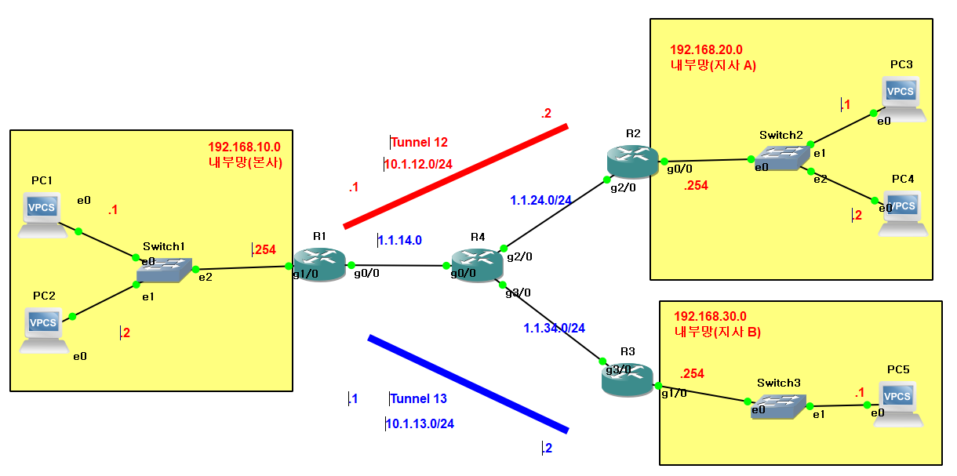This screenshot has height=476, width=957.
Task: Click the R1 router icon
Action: (319, 263)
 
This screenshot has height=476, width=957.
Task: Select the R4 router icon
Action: (477, 264)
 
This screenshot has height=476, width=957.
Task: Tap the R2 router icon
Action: (632, 160)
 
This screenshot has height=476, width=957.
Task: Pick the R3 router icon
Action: (627, 379)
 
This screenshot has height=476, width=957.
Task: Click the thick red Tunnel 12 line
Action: (455, 175)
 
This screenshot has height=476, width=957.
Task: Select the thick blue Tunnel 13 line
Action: (468, 384)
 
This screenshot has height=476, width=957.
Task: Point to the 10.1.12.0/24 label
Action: (418, 164)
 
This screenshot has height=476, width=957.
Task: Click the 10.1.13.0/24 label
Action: (420, 423)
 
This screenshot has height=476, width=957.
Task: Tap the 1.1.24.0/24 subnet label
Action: (540, 200)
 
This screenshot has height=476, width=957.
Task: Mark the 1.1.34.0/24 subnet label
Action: (555, 328)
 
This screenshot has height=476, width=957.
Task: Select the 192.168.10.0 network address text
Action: (244, 147)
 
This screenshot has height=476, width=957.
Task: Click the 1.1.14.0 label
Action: (400, 240)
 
